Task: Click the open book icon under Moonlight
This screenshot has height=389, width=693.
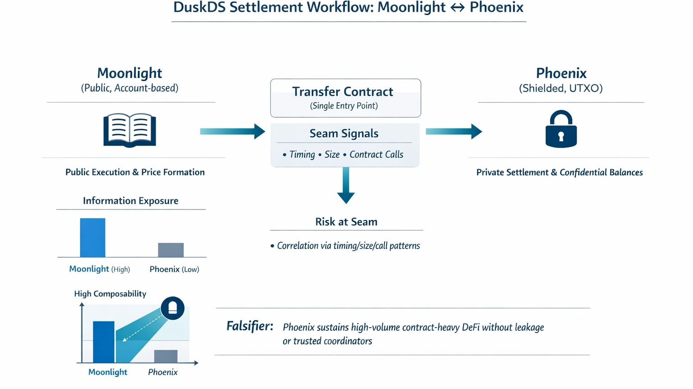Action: (130, 130)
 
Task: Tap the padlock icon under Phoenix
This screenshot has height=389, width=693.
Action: (561, 130)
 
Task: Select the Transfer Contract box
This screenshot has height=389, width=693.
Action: (346, 98)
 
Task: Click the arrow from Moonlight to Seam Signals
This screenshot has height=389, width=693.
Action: (232, 131)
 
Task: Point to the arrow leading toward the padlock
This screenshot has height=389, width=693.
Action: (453, 131)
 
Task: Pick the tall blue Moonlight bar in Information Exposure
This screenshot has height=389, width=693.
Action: (92, 238)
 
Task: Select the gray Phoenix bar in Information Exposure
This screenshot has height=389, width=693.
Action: (171, 250)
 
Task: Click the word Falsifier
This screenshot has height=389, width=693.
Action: (249, 326)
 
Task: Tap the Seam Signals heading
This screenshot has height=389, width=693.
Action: (344, 133)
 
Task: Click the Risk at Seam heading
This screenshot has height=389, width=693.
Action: (346, 222)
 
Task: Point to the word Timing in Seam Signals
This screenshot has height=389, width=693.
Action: (302, 155)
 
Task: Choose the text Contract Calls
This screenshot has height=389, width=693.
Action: (376, 155)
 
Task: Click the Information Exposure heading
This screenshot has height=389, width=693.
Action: (130, 201)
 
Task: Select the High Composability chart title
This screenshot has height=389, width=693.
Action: (110, 294)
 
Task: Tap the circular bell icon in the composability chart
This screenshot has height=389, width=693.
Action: (172, 308)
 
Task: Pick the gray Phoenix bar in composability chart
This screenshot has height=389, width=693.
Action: (166, 356)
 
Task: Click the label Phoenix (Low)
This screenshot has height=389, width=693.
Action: (174, 269)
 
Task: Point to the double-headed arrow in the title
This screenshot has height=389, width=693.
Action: (457, 8)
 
